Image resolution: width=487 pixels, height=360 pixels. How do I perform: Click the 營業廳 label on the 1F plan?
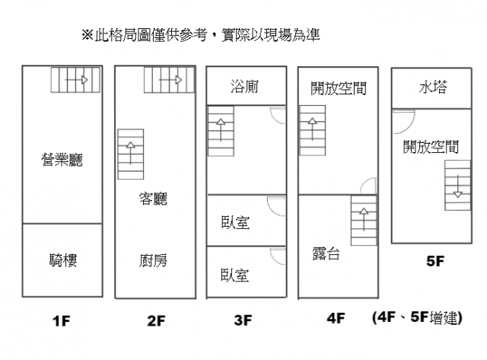(x=62, y=160)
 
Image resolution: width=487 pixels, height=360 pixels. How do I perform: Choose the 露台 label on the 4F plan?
(x=326, y=253)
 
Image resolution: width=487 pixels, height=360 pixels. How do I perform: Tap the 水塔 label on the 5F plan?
(x=432, y=88)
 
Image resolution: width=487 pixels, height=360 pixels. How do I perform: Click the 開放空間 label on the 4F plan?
(x=339, y=89)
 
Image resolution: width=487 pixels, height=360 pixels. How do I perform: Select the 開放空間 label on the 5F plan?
(x=431, y=147)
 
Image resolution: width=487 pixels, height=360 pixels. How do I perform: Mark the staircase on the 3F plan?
(x=221, y=131)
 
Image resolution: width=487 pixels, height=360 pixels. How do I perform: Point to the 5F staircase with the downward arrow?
(x=457, y=186)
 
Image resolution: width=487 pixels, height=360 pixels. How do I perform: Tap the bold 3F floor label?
(x=243, y=320)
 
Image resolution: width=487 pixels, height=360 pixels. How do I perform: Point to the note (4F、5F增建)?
(x=417, y=318)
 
